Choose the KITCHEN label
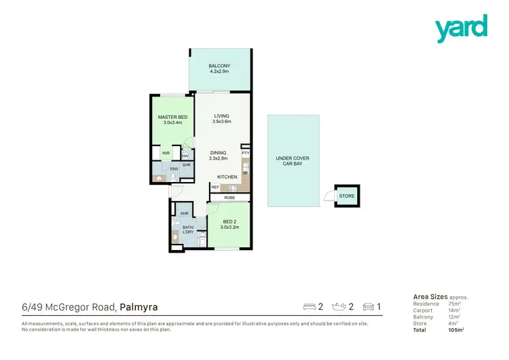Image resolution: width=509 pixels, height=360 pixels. [227, 177]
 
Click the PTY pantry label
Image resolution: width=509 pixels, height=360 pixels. [245, 154]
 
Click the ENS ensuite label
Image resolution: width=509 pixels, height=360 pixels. [174, 169]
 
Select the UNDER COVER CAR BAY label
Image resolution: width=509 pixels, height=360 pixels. [293, 161]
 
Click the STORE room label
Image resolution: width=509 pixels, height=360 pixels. [347, 196]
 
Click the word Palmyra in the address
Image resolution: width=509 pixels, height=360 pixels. [139, 307]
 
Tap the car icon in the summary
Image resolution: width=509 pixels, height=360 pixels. [370, 307]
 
